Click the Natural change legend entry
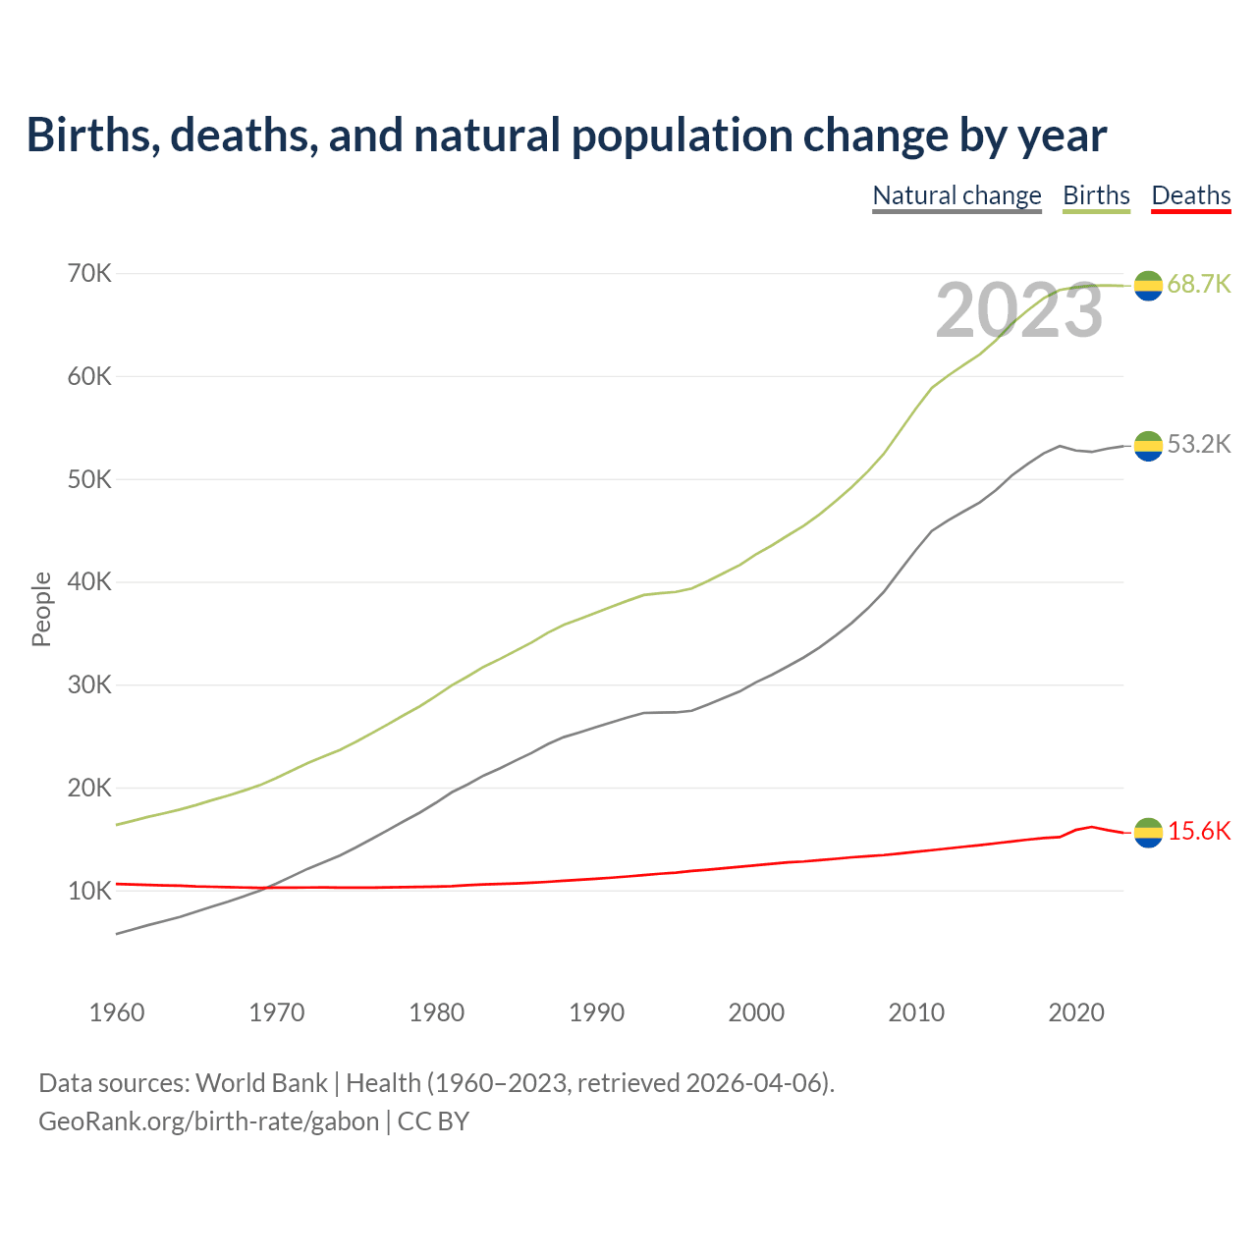click(x=956, y=195)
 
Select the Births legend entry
click(x=1096, y=195)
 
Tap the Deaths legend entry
click(x=1190, y=195)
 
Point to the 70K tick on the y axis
click(x=90, y=273)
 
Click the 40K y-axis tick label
click(x=90, y=581)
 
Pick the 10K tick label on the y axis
click(x=90, y=891)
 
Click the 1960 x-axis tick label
click(x=117, y=1012)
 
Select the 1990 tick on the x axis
click(x=597, y=1012)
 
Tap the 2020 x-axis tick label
click(x=1076, y=1012)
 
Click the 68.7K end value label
click(x=1199, y=284)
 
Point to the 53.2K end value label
click(x=1199, y=444)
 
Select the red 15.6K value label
click(x=1199, y=831)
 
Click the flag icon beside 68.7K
click(x=1148, y=285)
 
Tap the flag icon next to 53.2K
click(x=1148, y=446)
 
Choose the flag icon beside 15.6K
click(x=1148, y=833)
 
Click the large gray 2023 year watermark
click(x=1018, y=311)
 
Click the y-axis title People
click(x=41, y=609)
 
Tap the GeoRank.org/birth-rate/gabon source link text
click(x=208, y=1121)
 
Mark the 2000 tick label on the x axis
click(x=756, y=1012)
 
